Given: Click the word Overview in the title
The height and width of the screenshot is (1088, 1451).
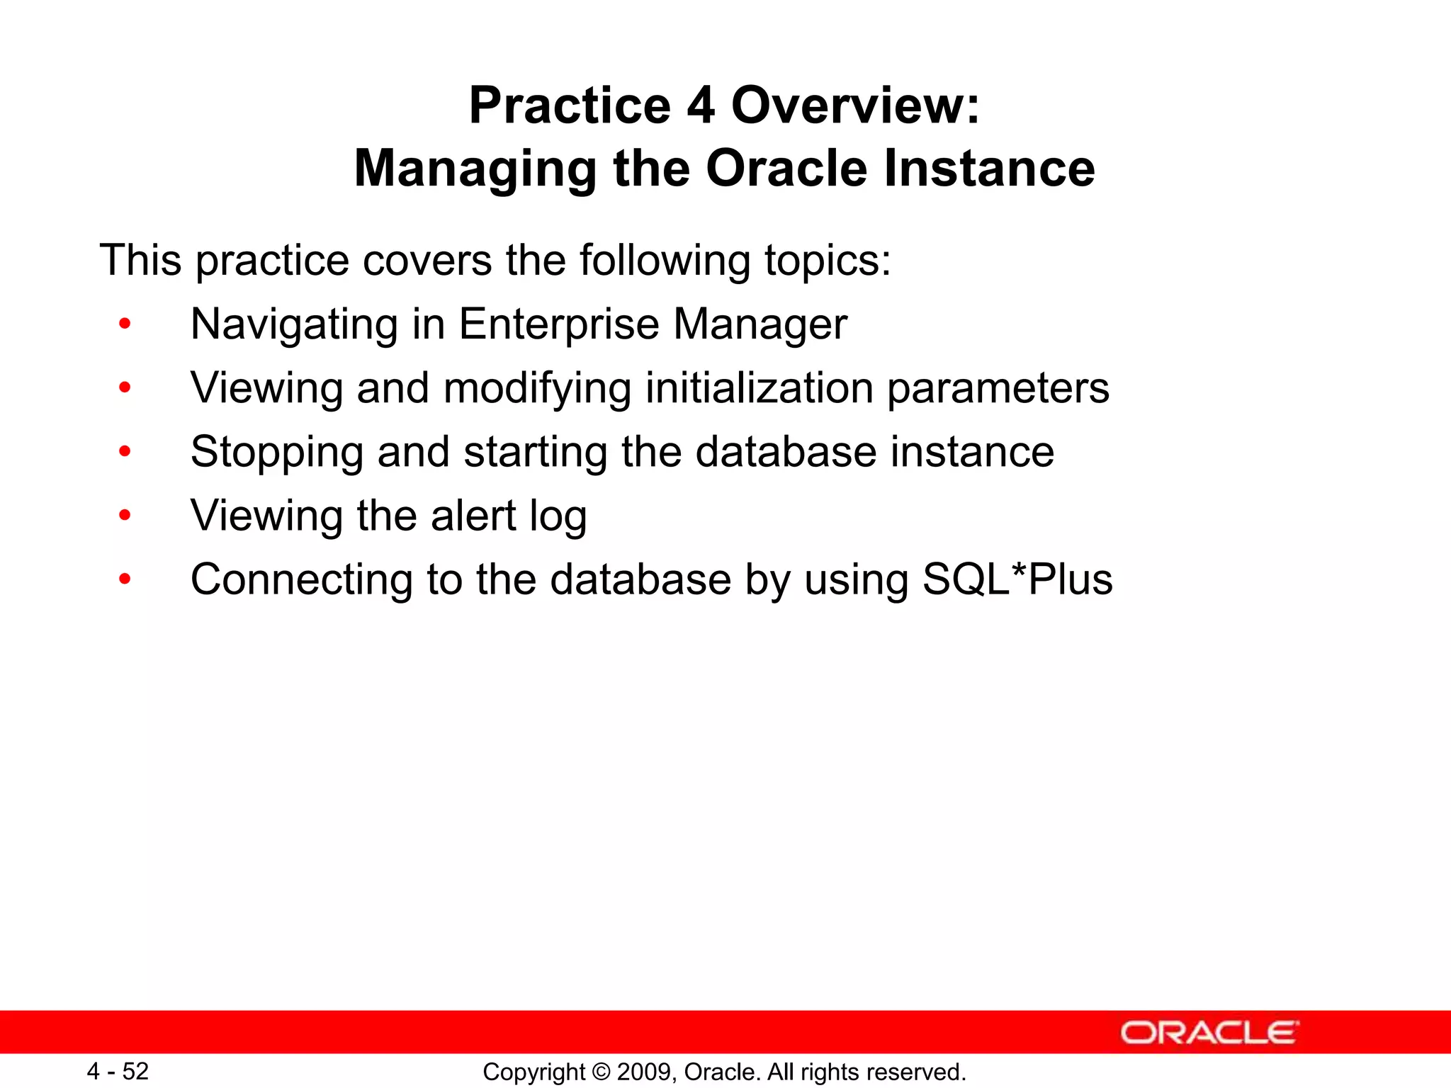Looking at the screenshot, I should point(856,106).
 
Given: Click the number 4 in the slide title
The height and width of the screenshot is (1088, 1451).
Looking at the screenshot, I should point(700,106).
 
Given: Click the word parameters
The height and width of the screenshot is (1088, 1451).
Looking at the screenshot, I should point(998,390).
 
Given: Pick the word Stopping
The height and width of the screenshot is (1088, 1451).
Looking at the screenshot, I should point(277,453).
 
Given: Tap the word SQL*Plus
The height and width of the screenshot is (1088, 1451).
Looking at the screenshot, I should point(1017,579).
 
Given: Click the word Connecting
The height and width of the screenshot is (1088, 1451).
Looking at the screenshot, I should point(301,581).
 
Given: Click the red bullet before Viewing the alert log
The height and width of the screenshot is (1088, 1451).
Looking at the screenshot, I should point(125,516).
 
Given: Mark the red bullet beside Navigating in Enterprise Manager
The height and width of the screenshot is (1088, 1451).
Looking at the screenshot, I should point(125,324).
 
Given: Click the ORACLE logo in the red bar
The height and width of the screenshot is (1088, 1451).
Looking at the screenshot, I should point(1209,1033).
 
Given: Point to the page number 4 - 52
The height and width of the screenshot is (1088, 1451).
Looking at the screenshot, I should point(118,1071).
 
